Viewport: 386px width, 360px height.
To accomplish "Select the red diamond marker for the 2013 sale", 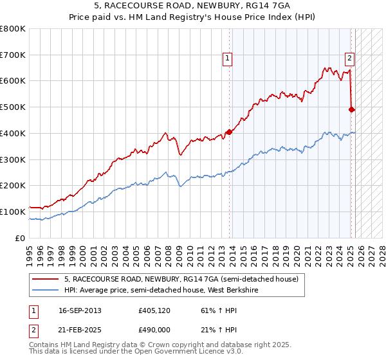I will tap(229, 132).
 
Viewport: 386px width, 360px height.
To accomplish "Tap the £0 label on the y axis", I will tap(21, 238).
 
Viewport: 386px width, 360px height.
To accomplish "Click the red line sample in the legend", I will tap(46, 280).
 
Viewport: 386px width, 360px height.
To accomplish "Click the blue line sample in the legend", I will tap(46, 290).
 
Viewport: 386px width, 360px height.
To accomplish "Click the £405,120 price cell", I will tap(154, 310).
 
